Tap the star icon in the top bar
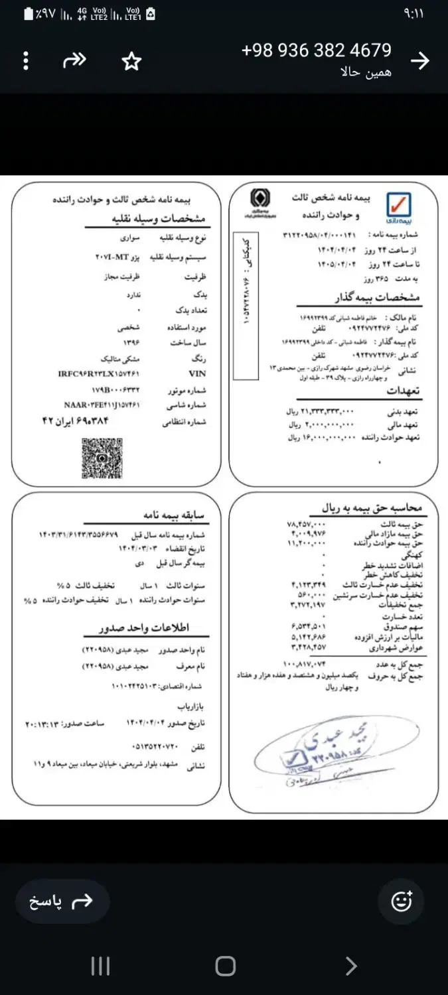[131, 62]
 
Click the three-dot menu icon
[26, 62]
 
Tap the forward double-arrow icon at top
[74, 61]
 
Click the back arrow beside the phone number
[419, 61]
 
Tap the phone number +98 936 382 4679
[316, 50]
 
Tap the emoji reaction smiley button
[402, 901]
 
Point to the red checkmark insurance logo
[399, 206]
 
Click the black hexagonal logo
[256, 199]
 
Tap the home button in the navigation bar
[225, 966]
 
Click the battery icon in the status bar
[29, 13]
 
